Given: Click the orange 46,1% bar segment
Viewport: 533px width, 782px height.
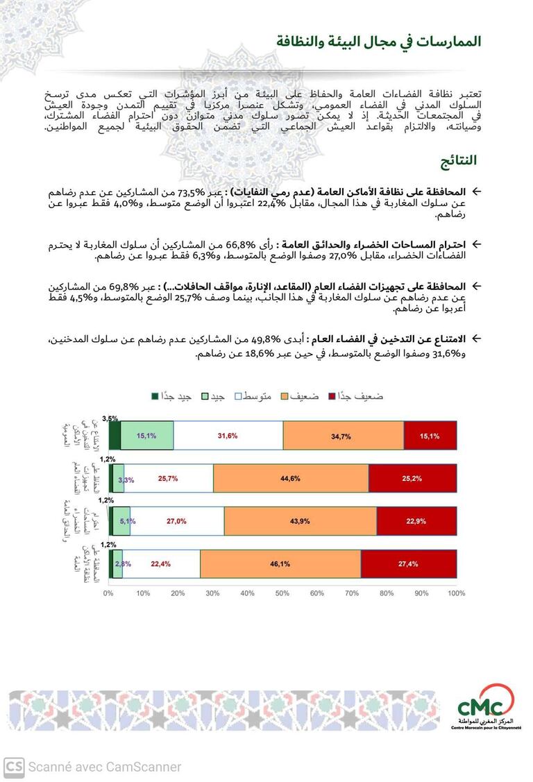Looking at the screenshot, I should [x=280, y=564].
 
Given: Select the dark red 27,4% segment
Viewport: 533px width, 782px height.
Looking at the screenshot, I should [x=409, y=564].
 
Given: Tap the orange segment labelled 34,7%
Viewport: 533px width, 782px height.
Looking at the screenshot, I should [x=343, y=436].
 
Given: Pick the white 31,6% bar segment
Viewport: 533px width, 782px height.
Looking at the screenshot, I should [x=228, y=436].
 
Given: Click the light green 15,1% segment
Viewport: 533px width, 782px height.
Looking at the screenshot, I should [x=147, y=436].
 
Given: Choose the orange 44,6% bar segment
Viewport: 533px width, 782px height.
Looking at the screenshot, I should [x=291, y=479].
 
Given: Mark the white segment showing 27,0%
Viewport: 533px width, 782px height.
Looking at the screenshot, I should [x=178, y=521].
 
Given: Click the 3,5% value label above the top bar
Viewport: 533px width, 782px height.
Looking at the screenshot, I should [x=110, y=418].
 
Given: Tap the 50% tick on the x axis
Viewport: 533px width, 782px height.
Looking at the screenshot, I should [x=282, y=594].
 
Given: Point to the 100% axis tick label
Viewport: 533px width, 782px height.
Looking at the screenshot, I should [x=456, y=594].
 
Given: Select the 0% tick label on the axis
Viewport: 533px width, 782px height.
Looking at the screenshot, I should [x=108, y=594].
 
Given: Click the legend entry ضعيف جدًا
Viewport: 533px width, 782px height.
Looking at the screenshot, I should [x=359, y=396].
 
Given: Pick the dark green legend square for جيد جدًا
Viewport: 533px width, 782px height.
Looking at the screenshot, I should [x=155, y=396].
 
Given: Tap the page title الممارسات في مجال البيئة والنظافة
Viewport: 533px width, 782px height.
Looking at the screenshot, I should [x=378, y=41].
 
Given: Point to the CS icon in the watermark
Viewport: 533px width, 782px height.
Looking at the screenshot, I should [x=14, y=767].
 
